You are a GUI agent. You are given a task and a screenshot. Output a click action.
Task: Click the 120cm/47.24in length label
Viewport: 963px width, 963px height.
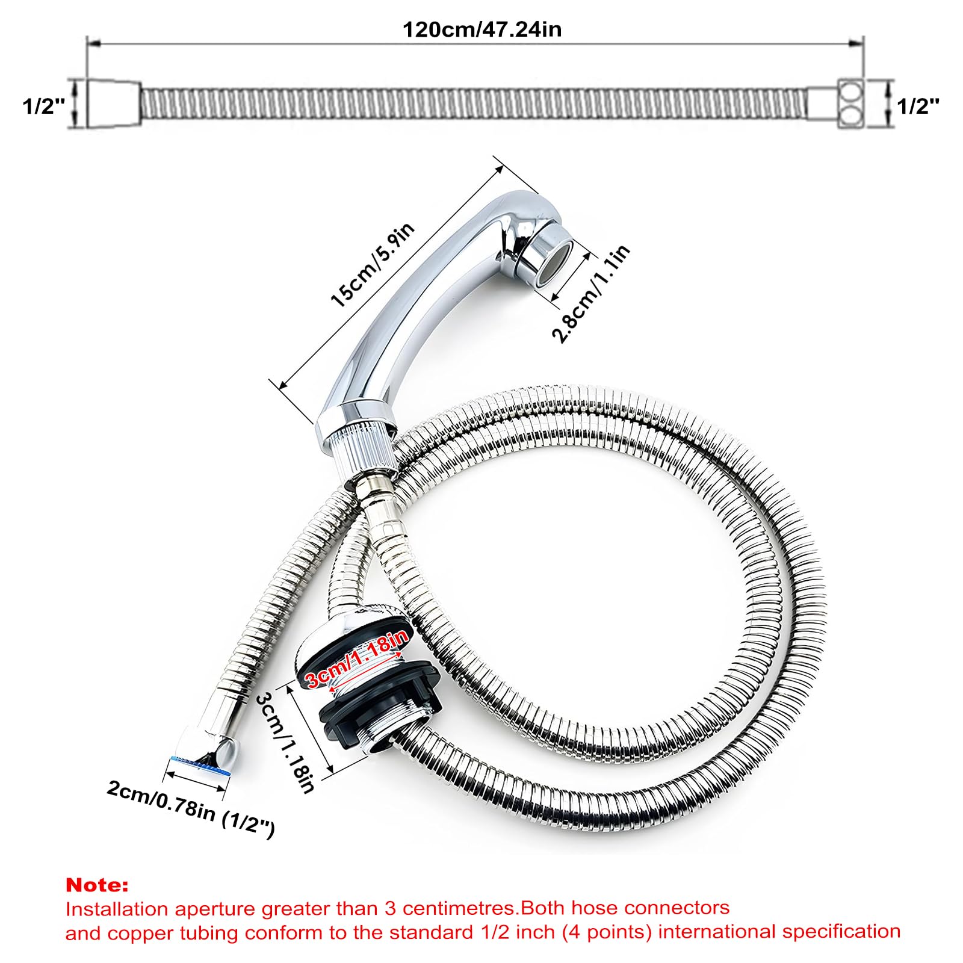(482, 29)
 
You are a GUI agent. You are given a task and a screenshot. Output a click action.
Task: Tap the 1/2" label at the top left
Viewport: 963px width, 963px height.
(43, 106)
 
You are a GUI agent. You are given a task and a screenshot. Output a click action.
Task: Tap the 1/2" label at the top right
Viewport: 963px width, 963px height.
(918, 106)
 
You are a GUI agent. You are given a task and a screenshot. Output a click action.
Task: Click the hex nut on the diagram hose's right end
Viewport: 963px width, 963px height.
(850, 104)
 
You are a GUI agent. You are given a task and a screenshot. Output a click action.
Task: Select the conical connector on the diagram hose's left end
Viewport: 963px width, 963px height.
(114, 104)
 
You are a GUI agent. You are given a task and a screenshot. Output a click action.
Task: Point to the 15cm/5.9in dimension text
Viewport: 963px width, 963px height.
(373, 265)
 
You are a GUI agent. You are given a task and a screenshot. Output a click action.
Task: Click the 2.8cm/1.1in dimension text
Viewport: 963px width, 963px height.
(592, 293)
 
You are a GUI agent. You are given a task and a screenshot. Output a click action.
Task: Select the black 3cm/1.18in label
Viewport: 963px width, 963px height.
(285, 742)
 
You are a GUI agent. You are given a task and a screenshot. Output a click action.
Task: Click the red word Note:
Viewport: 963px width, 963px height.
(97, 885)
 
